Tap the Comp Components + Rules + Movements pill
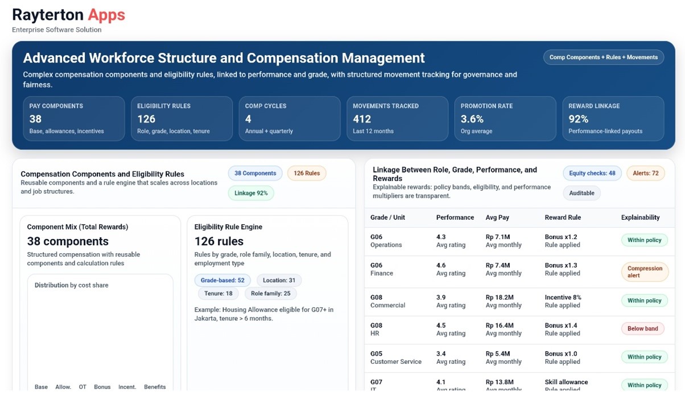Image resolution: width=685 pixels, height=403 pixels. pos(603,57)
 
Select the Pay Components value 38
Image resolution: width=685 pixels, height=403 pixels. pos(35,119)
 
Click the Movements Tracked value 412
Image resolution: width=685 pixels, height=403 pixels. pos(362,119)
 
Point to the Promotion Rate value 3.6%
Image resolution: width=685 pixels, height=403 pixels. pos(472,119)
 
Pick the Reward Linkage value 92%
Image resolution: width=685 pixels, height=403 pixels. pos(579,119)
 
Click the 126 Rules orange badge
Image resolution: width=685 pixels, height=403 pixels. pos(307,173)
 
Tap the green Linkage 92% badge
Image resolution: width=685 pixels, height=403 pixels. pos(251,193)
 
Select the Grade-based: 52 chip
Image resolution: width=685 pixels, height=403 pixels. pos(222,280)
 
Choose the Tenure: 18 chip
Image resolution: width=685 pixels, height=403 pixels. pos(218,294)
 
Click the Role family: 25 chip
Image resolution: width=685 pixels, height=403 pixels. pos(271,294)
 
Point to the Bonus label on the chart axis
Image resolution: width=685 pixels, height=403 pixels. pos(102,387)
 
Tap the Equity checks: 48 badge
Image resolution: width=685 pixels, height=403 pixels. pos(592,173)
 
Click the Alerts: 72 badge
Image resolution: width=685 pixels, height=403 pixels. pos(646,173)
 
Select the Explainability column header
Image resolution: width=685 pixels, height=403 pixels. pos(640,217)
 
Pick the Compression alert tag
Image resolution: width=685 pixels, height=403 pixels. pos(645,272)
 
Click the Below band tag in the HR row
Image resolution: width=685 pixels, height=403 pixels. pos(643,328)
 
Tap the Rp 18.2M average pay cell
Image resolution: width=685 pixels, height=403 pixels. pos(500,297)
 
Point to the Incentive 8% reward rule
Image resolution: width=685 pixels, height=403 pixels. pos(563,297)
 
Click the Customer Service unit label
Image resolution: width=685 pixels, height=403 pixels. pos(396,361)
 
